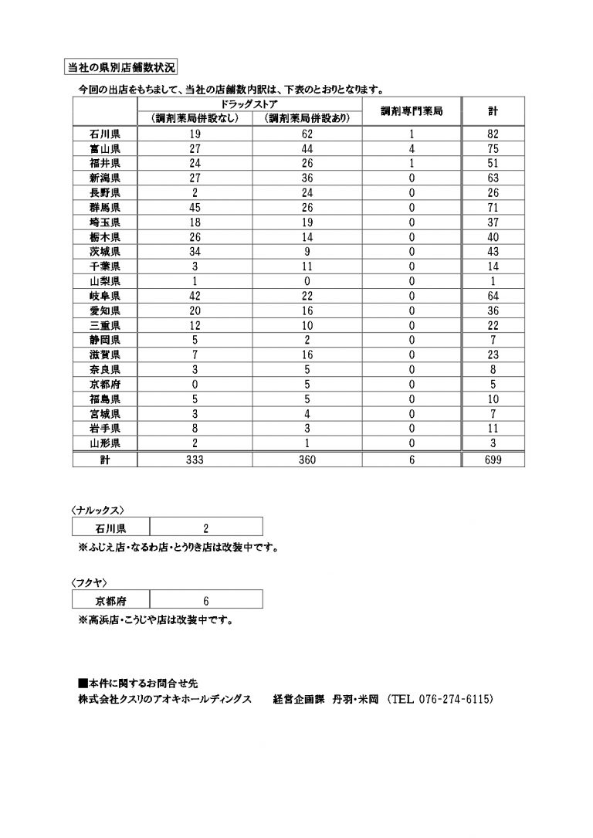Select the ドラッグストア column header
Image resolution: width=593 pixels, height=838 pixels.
coord(254,103)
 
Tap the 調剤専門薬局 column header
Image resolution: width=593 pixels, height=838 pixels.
coord(412,111)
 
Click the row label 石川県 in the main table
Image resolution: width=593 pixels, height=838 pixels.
coord(103,134)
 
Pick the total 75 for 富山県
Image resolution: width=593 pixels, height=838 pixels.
coord(493,148)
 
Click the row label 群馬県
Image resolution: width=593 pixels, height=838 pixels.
coord(103,207)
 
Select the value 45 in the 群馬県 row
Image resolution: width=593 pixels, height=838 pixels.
coord(195,207)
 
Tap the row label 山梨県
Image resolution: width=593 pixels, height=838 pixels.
coord(103,280)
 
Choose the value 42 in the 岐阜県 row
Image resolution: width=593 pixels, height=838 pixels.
coord(195,295)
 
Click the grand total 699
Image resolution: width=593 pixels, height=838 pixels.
coord(493,459)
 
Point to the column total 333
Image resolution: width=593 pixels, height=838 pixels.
coord(195,459)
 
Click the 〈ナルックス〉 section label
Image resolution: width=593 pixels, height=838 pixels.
coord(97,511)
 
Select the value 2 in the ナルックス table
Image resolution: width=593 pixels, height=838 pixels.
coord(205,528)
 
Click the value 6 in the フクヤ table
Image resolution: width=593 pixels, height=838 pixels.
coord(205,600)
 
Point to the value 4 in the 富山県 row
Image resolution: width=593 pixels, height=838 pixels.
coord(412,148)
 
